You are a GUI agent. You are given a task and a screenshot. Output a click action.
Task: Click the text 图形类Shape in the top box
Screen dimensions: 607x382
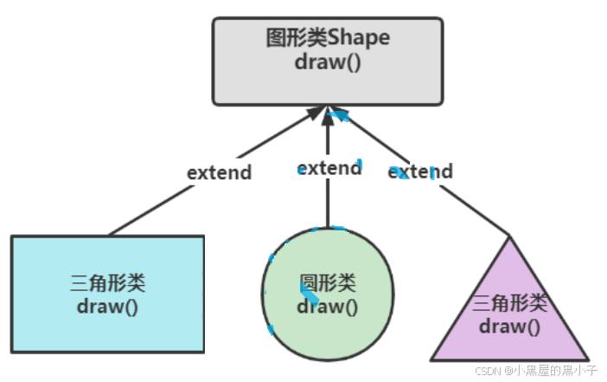tap(328, 39)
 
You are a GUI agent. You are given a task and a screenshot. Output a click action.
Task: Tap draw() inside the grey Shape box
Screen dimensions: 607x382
tap(328, 63)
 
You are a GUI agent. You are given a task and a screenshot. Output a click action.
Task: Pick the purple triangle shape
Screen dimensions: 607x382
tap(510, 342)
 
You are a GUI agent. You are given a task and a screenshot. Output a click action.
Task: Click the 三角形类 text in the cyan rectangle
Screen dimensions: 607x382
tap(108, 284)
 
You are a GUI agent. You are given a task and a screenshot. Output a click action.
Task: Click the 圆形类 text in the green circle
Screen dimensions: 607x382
tap(328, 283)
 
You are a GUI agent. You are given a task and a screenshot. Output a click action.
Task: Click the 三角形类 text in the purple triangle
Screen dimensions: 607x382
tap(510, 303)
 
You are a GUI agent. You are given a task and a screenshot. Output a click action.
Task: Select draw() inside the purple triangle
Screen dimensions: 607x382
tap(510, 326)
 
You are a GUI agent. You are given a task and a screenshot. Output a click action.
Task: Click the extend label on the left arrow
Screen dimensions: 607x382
tap(220, 172)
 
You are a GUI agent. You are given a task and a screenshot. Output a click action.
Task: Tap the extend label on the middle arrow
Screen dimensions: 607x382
tap(329, 167)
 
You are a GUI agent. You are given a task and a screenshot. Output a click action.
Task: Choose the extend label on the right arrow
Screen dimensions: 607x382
tap(420, 172)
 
